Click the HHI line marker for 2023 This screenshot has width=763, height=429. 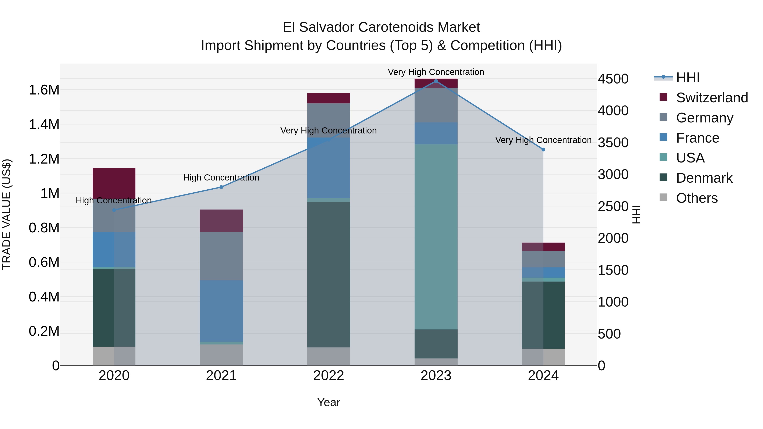point(436,81)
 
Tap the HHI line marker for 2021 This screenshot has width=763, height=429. point(221,187)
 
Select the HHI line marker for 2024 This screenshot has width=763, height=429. point(543,150)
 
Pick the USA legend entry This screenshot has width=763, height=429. point(690,158)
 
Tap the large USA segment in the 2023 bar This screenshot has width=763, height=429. point(436,237)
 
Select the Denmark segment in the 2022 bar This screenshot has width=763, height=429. point(329,274)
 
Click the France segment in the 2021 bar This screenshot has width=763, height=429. point(221,311)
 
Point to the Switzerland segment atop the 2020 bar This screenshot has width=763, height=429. point(114,182)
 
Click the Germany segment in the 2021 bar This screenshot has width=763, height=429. point(221,256)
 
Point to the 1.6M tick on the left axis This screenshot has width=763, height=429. point(44,90)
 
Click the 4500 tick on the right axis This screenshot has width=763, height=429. point(613,79)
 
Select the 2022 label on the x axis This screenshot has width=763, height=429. point(329,376)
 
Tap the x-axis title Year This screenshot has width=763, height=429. point(329,402)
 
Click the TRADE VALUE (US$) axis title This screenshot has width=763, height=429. point(7,214)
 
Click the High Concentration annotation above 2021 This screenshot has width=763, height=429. point(221,178)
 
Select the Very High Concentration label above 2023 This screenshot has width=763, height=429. point(436,72)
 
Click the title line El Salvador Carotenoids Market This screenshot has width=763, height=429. point(381,27)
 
